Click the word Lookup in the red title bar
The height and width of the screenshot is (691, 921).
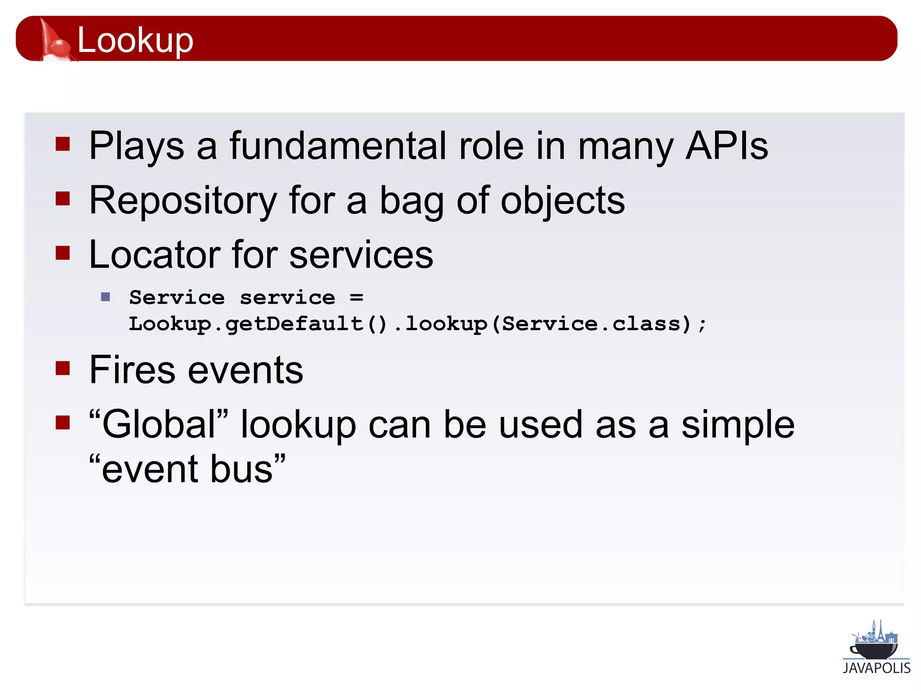tap(135, 40)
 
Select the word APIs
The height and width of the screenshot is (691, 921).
tap(726, 146)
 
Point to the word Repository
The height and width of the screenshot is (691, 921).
tap(183, 201)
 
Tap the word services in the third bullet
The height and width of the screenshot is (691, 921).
tap(361, 255)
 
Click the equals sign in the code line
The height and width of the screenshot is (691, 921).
tap(356, 297)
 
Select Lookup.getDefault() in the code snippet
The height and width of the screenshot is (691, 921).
tap(257, 324)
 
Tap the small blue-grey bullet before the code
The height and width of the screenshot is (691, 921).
tap(106, 297)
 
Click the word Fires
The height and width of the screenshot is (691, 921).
tap(132, 370)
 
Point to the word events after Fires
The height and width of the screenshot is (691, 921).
tap(245, 371)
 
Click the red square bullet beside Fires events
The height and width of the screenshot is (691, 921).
tap(63, 368)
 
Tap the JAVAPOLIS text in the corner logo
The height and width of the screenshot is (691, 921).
tap(876, 668)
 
